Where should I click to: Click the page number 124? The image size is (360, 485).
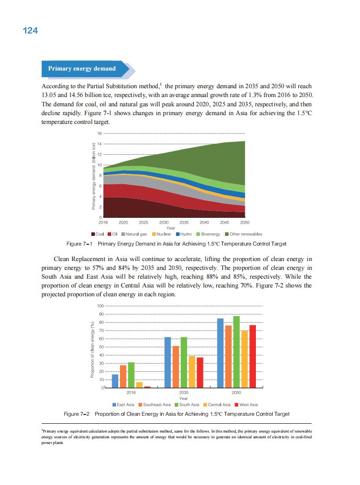tap(30, 30)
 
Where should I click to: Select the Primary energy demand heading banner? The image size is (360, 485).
tap(82, 69)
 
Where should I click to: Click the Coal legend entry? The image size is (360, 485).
tap(97, 234)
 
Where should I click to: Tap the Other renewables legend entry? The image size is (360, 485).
tap(244, 234)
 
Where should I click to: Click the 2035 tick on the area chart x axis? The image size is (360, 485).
tap(184, 223)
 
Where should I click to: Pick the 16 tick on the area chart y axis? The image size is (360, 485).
tap(100, 133)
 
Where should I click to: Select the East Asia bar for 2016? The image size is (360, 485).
tap(115, 381)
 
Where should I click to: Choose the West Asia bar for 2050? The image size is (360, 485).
tap(253, 356)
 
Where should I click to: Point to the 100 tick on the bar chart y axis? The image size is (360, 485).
tap(100, 306)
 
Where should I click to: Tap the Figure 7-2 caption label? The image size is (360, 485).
tap(77, 414)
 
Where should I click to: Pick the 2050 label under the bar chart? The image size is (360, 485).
tap(236, 392)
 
